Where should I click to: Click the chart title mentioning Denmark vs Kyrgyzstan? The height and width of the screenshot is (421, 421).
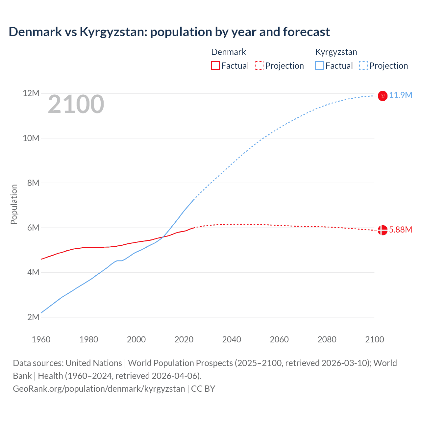click(x=169, y=32)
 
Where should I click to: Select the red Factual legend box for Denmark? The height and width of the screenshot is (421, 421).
click(x=215, y=65)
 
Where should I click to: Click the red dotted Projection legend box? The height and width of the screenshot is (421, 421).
click(x=259, y=65)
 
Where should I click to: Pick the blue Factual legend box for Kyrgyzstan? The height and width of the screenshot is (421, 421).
click(x=319, y=65)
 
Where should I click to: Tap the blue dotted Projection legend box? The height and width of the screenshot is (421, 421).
click(x=363, y=65)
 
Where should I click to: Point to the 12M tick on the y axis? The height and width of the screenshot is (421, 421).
click(x=31, y=93)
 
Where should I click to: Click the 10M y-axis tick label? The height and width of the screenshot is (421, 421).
click(x=31, y=138)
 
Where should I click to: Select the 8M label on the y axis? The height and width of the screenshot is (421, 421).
click(x=33, y=183)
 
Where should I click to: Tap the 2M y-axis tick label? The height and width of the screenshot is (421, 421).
click(x=33, y=317)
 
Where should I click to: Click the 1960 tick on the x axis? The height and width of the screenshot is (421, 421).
click(x=41, y=339)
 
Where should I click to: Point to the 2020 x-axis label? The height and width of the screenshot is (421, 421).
click(x=184, y=339)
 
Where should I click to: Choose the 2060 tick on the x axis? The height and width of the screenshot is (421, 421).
click(x=279, y=339)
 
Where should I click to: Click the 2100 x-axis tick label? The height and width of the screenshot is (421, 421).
click(x=374, y=339)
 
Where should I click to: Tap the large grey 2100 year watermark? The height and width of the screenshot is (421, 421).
click(x=76, y=104)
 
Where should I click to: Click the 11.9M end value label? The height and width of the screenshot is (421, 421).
click(x=400, y=95)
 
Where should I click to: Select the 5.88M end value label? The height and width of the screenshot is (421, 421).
click(x=400, y=230)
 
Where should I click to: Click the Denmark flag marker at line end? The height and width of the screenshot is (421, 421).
click(x=383, y=230)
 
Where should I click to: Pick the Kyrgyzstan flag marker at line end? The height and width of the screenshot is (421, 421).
click(x=383, y=96)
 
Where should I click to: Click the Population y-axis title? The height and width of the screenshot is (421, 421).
click(x=14, y=204)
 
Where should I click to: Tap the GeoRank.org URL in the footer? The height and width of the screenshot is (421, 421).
click(x=99, y=389)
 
